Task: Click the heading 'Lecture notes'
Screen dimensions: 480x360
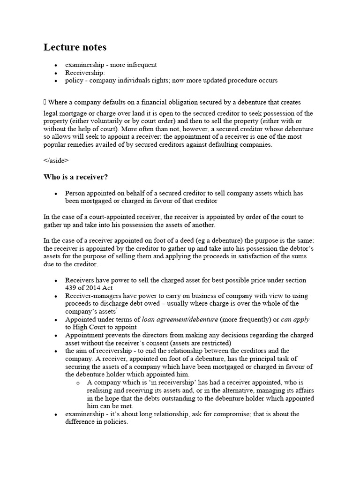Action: coord(75,47)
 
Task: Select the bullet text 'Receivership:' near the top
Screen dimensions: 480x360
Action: coord(85,73)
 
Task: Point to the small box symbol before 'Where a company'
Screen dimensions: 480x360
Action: coord(45,102)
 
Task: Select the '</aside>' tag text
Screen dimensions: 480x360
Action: coord(56,160)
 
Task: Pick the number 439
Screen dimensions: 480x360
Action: coord(71,288)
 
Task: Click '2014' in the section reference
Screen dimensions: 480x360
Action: coord(94,288)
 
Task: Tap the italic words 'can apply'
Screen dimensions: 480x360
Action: coord(295,319)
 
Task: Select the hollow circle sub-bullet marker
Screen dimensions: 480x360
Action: coord(78,383)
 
